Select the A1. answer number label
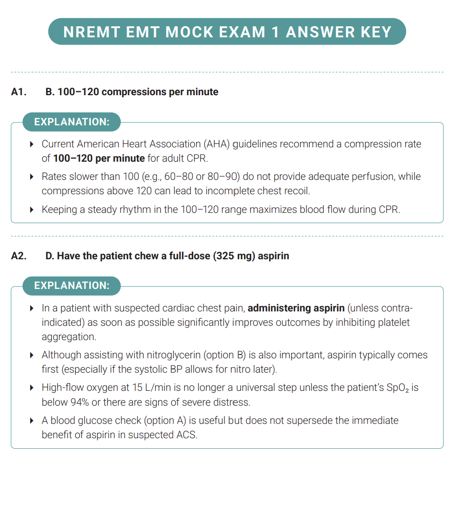[x=19, y=92]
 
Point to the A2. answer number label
[x=19, y=256]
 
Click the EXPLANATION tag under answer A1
[x=72, y=122]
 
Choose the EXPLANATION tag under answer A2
[x=72, y=286]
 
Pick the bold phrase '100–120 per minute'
[x=99, y=158]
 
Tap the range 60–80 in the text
[x=178, y=177]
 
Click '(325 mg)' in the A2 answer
[x=235, y=256]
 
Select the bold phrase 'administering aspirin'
[x=296, y=308]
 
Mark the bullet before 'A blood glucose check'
[x=32, y=421]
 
